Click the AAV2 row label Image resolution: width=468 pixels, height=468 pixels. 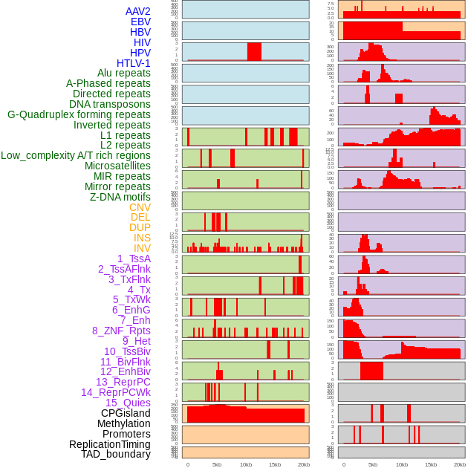[137, 11]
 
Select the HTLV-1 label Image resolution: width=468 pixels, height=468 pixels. [133, 63]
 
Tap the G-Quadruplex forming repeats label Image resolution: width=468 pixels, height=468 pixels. [79, 114]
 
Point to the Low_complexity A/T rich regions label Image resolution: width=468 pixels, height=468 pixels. [76, 155]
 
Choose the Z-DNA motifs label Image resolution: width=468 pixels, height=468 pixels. [120, 197]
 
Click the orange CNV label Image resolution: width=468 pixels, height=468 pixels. [140, 207]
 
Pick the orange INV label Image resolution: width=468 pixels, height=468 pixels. [142, 248]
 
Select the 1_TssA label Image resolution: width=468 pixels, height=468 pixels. [134, 259]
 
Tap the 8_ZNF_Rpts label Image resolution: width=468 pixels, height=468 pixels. [121, 331]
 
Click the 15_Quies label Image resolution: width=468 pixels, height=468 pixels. [128, 403]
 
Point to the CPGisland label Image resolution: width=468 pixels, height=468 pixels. [126, 413]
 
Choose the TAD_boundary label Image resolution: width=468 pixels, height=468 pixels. [115, 454]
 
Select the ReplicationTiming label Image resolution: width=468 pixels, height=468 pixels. [109, 444]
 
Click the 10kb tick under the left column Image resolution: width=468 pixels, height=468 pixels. [246, 464]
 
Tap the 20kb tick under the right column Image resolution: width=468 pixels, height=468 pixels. [459, 464]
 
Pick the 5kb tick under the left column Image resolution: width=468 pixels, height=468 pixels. [217, 464]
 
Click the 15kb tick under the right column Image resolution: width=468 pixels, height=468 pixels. [430, 464]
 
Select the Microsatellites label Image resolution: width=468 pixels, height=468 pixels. [117, 166]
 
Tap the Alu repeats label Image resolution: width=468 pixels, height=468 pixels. [123, 73]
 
